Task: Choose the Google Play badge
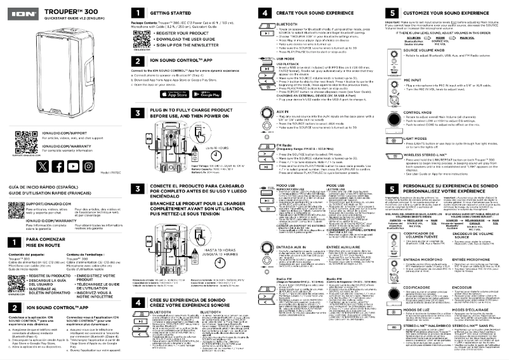pyautogui.click(x=208, y=94)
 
